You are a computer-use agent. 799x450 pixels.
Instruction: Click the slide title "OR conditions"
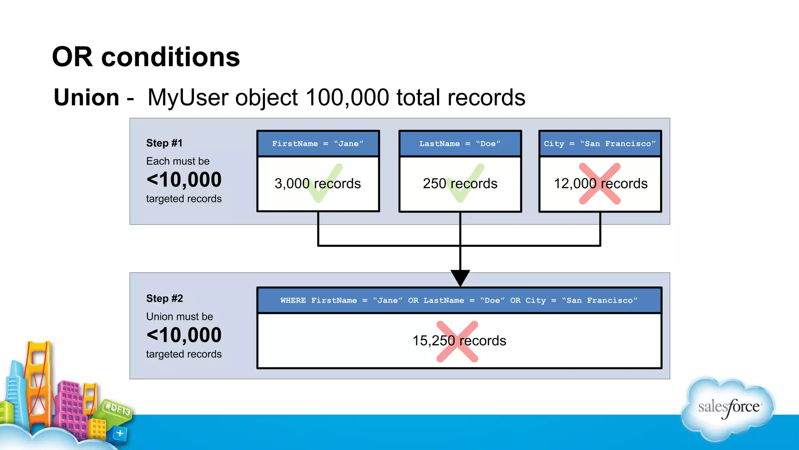146,57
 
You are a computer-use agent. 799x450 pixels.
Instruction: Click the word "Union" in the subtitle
86,97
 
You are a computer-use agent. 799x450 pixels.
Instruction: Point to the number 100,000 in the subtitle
347,97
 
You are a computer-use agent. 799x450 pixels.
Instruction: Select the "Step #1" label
164,143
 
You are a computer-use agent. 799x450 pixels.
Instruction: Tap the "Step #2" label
164,298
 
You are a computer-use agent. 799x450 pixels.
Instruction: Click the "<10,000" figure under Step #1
184,180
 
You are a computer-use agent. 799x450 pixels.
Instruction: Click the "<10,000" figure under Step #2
184,335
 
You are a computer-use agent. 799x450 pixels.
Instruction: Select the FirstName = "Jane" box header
318,144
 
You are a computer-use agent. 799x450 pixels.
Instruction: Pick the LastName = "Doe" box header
460,144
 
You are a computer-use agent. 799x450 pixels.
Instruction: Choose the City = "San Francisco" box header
600,144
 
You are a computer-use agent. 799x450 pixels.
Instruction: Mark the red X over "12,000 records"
600,184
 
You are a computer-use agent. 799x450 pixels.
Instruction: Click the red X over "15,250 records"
457,341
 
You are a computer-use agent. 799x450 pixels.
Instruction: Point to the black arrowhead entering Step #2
460,277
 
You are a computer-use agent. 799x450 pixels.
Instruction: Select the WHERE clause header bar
459,300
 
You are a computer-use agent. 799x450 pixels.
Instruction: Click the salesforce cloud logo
728,408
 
